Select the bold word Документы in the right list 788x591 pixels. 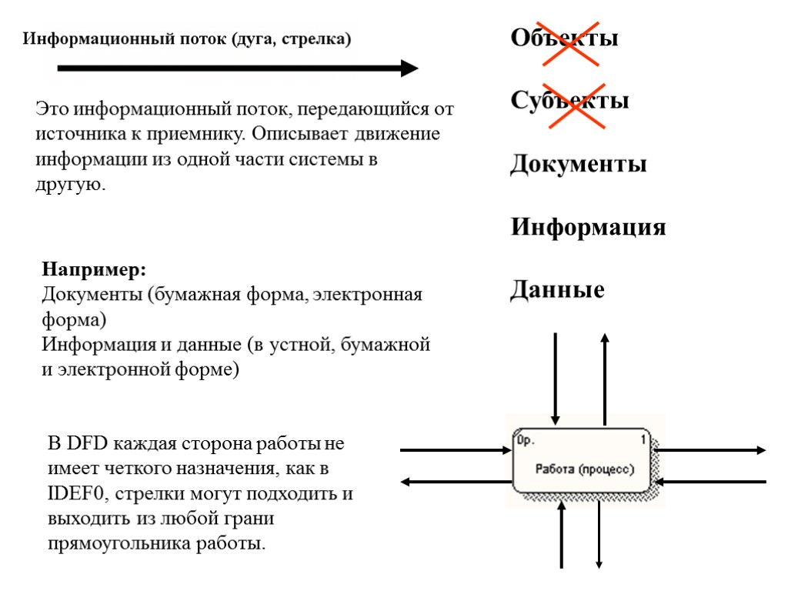click(578, 165)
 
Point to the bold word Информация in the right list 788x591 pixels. click(588, 228)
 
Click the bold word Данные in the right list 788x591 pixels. click(557, 291)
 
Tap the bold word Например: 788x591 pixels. click(94, 270)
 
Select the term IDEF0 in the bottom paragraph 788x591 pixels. click(74, 494)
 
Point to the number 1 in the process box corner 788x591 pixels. click(643, 440)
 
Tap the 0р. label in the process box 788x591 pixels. click(526, 441)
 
